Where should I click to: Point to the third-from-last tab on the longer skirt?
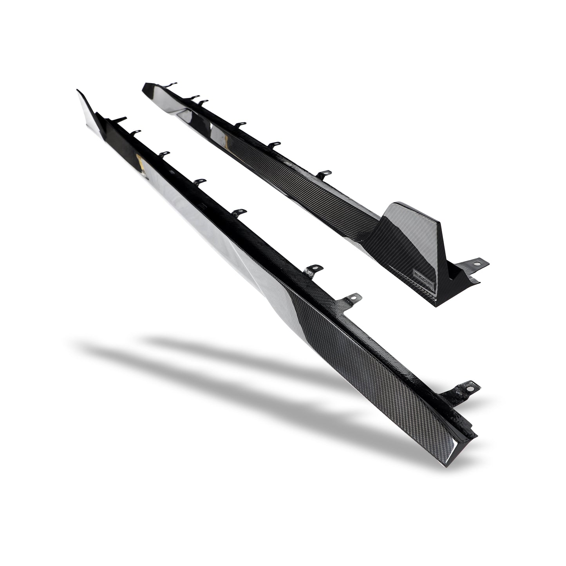[315, 269]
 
